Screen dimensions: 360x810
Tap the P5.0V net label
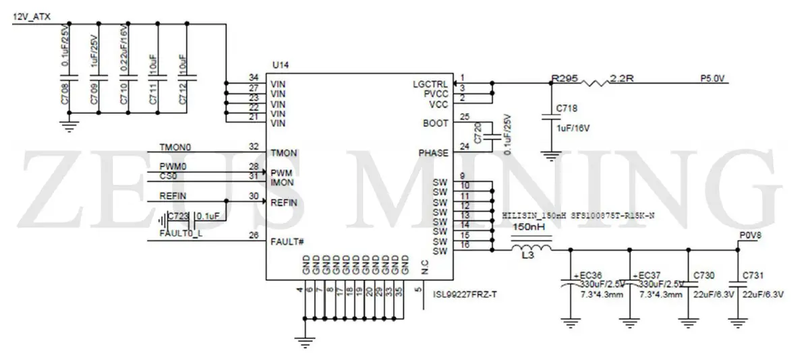pyautogui.click(x=712, y=78)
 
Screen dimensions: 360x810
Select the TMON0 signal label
pyautogui.click(x=175, y=146)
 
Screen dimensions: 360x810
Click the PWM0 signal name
pyautogui.click(x=172, y=166)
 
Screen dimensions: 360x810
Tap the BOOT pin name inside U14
pyautogui.click(x=435, y=123)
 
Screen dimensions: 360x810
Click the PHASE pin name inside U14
pyautogui.click(x=433, y=153)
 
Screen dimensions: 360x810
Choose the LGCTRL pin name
pyautogui.click(x=430, y=84)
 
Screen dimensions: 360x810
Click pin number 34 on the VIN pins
pyautogui.click(x=254, y=78)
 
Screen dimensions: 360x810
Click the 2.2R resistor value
pyautogui.click(x=621, y=78)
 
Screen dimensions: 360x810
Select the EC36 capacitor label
pyautogui.click(x=590, y=276)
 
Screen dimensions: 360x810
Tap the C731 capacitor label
pyautogui.click(x=753, y=276)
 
